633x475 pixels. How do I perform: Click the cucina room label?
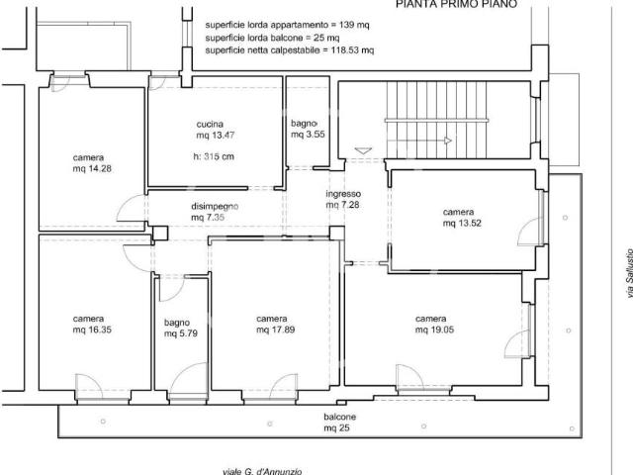[210, 125]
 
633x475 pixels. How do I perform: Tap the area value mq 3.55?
[308, 135]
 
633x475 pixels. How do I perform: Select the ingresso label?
[343, 194]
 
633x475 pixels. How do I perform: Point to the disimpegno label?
[215, 207]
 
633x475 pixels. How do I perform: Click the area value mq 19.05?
[434, 330]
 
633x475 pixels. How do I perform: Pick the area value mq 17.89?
[275, 330]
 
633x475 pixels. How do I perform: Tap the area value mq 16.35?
[92, 330]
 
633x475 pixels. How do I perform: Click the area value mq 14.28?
[92, 169]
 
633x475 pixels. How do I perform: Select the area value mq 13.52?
[462, 224]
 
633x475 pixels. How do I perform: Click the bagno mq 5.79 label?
[180, 329]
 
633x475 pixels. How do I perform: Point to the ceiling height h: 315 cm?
[214, 156]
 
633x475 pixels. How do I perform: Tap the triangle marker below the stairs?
[363, 151]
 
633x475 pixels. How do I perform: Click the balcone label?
[339, 417]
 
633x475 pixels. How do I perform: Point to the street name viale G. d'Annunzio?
[262, 471]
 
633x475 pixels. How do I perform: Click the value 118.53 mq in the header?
[352, 50]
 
